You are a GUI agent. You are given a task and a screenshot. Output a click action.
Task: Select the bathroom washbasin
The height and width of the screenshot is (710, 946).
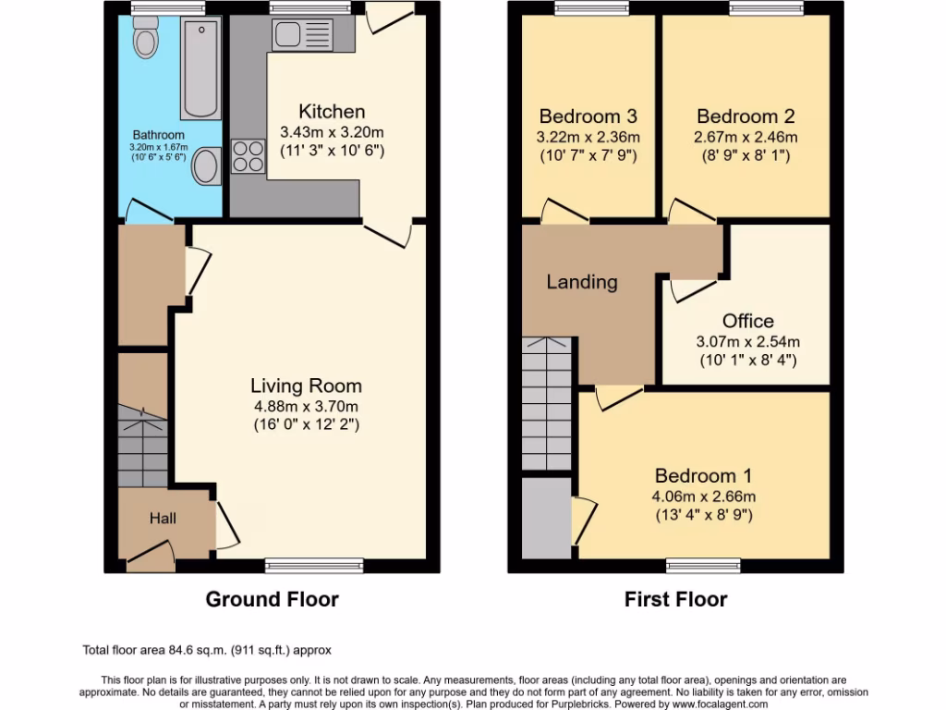click(x=208, y=166)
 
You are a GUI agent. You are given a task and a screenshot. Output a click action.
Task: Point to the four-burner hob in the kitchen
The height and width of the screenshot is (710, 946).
click(x=248, y=156)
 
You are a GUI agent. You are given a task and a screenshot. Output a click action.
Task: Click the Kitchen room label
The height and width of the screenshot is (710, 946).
click(x=332, y=112)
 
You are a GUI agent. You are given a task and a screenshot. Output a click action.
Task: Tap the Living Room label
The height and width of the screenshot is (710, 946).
click(x=306, y=386)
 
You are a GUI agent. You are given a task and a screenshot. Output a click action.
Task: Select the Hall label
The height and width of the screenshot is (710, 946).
click(x=163, y=519)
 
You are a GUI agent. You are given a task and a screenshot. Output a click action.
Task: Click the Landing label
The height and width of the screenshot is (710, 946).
click(x=581, y=282)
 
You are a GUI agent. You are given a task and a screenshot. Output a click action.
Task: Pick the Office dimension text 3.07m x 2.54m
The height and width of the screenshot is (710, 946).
click(x=747, y=341)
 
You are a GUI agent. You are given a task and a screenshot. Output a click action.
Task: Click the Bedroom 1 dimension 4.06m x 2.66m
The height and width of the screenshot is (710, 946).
click(x=703, y=496)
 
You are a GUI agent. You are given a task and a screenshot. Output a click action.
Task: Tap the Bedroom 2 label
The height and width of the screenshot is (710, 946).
click(x=746, y=116)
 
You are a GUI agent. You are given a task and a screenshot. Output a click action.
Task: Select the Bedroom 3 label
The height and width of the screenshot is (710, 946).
click(x=588, y=116)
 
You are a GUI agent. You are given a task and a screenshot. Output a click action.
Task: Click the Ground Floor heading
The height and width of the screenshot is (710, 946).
click(x=272, y=599)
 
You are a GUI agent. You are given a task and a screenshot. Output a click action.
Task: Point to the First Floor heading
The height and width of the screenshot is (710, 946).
click(x=675, y=599)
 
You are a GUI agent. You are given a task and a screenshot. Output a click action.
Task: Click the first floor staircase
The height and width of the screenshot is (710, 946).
click(x=547, y=403)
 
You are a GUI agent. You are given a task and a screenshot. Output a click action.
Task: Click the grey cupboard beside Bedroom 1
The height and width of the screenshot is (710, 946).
click(x=546, y=518)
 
